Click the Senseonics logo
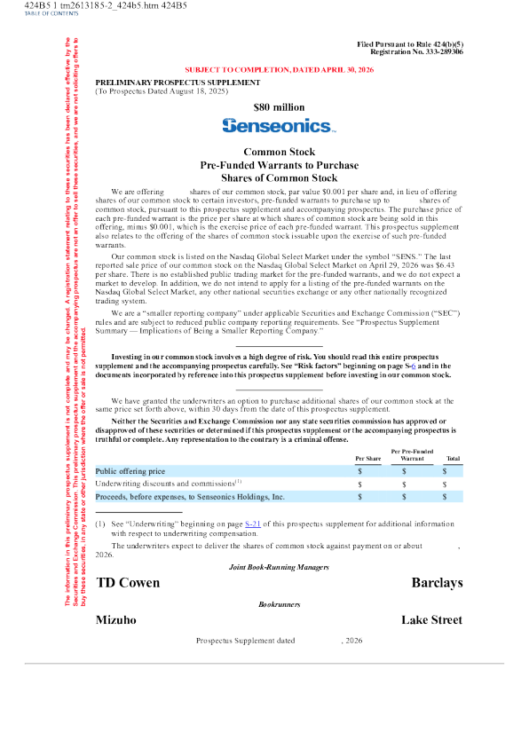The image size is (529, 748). coord(279,125)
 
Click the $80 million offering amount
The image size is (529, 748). coord(279,107)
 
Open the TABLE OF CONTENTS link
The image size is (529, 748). coord(51,14)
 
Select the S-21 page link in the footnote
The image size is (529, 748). coord(253,524)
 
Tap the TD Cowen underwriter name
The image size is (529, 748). coord(128,582)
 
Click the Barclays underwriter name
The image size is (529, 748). coord(437,582)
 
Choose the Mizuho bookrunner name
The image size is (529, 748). coord(116,619)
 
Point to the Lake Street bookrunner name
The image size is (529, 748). coord(431,619)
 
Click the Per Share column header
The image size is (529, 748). coord(368,459)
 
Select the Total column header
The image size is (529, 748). coord(454,459)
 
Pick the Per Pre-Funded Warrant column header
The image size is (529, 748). coord(412,454)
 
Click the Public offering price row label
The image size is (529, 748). coord(130,471)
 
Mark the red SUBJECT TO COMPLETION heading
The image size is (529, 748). coord(279,69)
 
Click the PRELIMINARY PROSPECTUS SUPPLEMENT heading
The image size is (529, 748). coord(178,83)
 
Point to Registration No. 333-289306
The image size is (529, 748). coord(417,51)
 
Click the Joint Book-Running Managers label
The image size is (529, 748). coord(279,567)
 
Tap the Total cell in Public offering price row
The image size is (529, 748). coord(445,471)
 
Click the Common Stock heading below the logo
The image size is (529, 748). coord(279,152)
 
